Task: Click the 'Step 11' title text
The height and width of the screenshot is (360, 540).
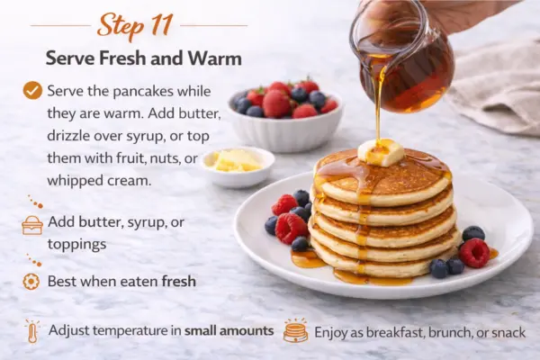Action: tap(135, 25)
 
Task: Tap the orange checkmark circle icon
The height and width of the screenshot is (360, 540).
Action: tap(32, 91)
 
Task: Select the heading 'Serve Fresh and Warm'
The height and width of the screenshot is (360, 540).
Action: tap(144, 58)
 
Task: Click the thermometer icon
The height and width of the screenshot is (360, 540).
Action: tap(32, 331)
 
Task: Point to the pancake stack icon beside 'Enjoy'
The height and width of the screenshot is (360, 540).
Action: tap(295, 330)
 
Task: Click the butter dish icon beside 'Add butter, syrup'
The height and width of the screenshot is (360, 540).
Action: tap(32, 225)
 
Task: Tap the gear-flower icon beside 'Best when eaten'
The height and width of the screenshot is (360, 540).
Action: tap(31, 282)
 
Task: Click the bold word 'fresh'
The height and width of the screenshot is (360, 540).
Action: tap(179, 281)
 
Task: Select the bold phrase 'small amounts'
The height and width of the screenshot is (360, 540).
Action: tap(229, 330)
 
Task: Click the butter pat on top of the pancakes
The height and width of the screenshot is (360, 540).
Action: tap(380, 152)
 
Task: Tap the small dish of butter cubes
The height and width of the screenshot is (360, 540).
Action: tap(238, 166)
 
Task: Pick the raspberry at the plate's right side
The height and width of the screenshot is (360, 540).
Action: tap(474, 253)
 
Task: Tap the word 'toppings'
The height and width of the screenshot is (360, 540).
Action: tap(76, 245)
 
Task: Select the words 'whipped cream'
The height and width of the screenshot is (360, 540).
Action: tap(99, 180)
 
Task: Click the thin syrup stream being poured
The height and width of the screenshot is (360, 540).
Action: tap(379, 103)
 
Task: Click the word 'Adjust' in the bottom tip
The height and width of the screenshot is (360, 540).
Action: tap(68, 331)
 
